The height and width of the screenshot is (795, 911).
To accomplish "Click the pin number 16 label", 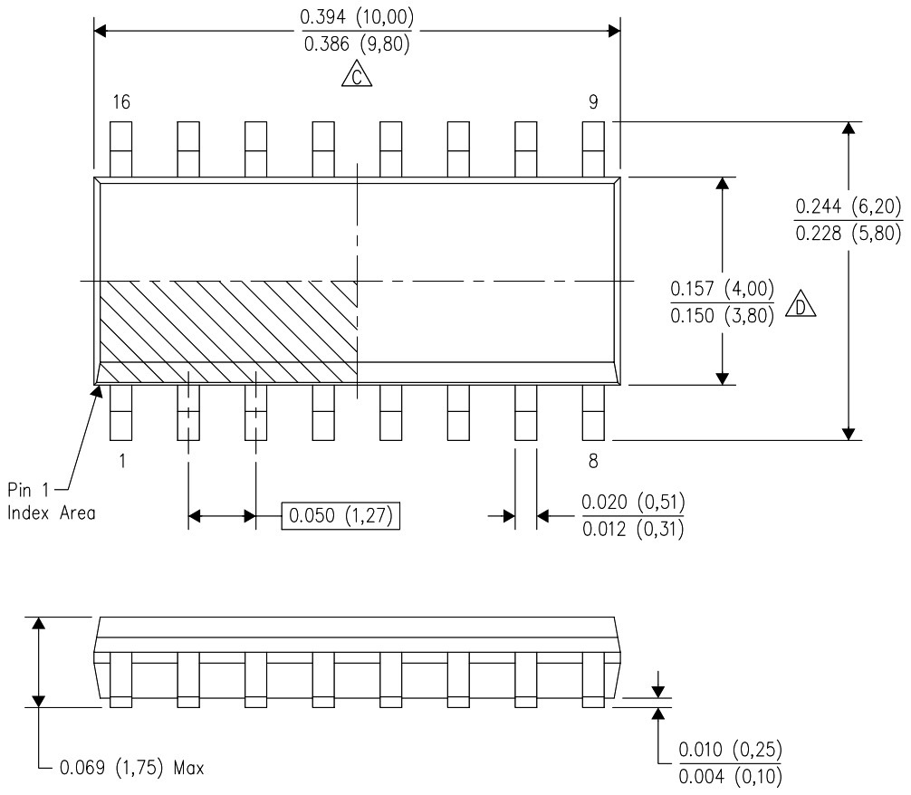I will coord(120,102).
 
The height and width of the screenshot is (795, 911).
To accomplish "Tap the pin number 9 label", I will coord(593,102).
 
